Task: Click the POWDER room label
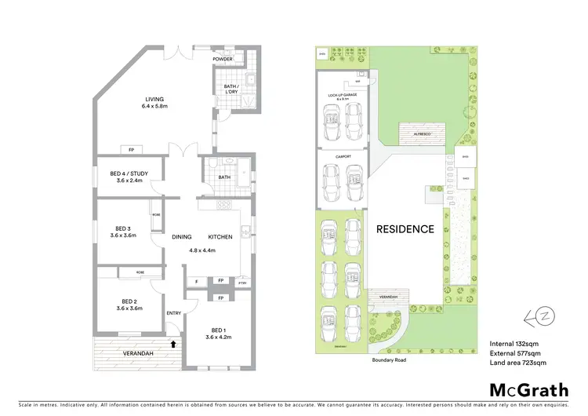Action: click(x=223, y=58)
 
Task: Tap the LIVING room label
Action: click(x=154, y=99)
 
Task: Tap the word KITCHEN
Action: click(x=222, y=236)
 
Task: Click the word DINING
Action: click(x=182, y=236)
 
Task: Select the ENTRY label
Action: click(x=173, y=313)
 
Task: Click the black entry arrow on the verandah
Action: click(x=172, y=343)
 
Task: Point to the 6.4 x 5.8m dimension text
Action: click(x=154, y=106)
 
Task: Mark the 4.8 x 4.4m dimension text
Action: click(x=201, y=250)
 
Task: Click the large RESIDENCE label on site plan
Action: click(x=404, y=229)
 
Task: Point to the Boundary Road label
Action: click(x=393, y=362)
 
